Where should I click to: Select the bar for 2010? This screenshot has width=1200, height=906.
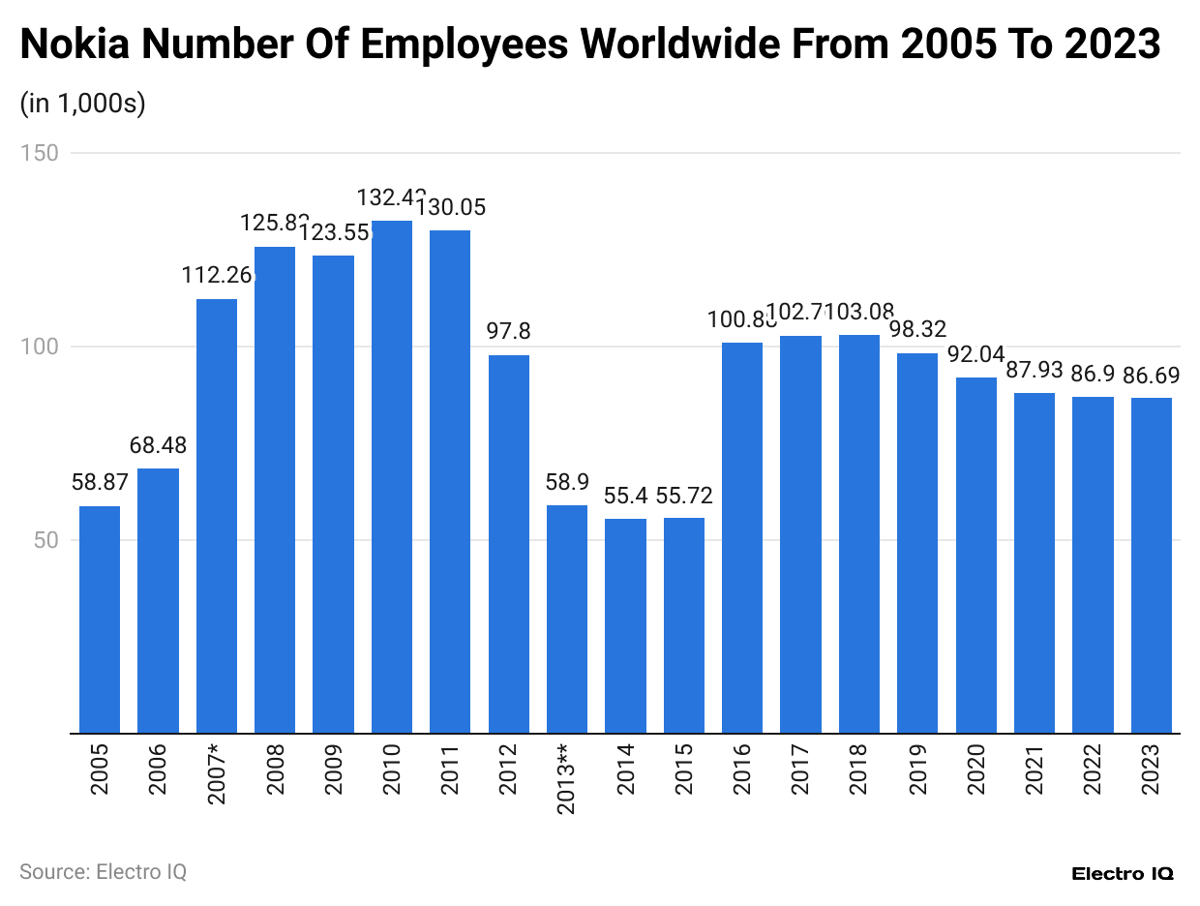[x=392, y=477]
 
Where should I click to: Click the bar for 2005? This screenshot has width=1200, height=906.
[x=100, y=619]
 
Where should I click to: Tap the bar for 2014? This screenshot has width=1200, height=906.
[x=625, y=626]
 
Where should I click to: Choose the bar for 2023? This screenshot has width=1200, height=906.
[x=1152, y=565]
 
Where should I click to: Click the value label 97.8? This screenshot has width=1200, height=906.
[x=509, y=331]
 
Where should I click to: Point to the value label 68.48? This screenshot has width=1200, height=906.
[x=158, y=445]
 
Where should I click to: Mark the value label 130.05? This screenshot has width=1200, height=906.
[x=450, y=207]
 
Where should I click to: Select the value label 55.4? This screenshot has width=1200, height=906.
[x=625, y=496]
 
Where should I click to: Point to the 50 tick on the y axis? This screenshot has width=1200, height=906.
[x=45, y=540]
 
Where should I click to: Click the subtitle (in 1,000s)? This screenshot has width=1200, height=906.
[x=82, y=104]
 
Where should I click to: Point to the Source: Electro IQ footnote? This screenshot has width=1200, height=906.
[x=103, y=871]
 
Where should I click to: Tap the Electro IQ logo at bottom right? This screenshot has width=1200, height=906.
[x=1123, y=873]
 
